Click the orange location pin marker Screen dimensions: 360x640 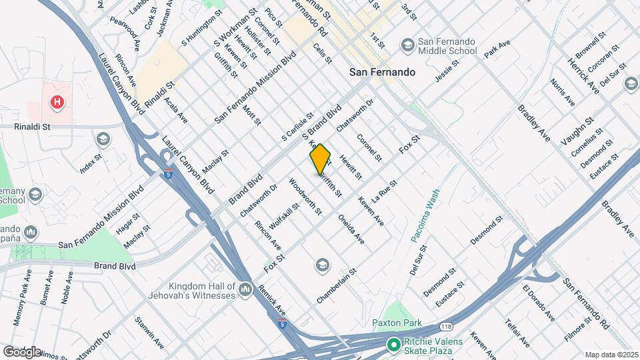[320, 159]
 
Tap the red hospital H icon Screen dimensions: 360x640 [58, 103]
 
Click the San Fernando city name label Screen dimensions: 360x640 [383, 72]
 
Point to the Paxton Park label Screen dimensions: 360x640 [397, 323]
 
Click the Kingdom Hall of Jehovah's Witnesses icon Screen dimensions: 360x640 [246, 289]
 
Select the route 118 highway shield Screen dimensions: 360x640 [447, 326]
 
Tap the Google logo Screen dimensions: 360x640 [22, 351]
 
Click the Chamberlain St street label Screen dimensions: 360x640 [337, 286]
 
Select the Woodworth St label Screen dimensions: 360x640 [305, 196]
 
